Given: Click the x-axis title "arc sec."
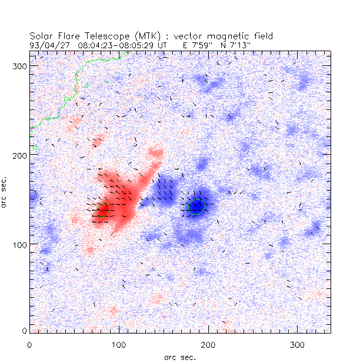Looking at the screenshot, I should click(x=180, y=357).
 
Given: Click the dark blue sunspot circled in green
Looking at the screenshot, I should click(x=196, y=207).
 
